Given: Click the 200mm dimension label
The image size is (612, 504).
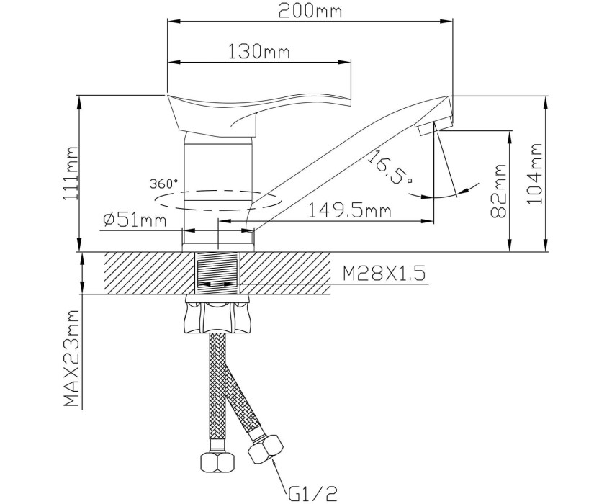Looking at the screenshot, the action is click(310, 11).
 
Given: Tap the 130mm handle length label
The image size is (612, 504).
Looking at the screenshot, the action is click(258, 51).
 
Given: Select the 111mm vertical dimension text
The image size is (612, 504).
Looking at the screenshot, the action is click(70, 173).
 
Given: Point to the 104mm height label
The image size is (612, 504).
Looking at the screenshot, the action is click(535, 173).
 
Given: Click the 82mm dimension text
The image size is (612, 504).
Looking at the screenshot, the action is click(498, 191).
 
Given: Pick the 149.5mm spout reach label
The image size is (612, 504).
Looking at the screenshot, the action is click(350, 211).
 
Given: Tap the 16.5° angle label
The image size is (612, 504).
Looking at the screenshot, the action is click(390, 168).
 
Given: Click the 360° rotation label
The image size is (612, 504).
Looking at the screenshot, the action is click(163, 183).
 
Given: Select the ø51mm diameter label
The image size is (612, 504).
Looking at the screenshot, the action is click(135, 220).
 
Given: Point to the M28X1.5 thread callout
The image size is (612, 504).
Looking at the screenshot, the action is click(384, 274).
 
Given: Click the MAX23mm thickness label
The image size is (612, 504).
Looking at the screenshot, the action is click(71, 359).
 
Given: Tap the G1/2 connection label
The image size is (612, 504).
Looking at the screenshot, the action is click(312, 493).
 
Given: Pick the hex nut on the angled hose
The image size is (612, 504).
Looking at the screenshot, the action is click(266, 449).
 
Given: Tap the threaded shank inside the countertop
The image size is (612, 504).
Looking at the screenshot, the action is click(217, 272).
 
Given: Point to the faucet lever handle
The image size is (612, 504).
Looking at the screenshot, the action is click(258, 113).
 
